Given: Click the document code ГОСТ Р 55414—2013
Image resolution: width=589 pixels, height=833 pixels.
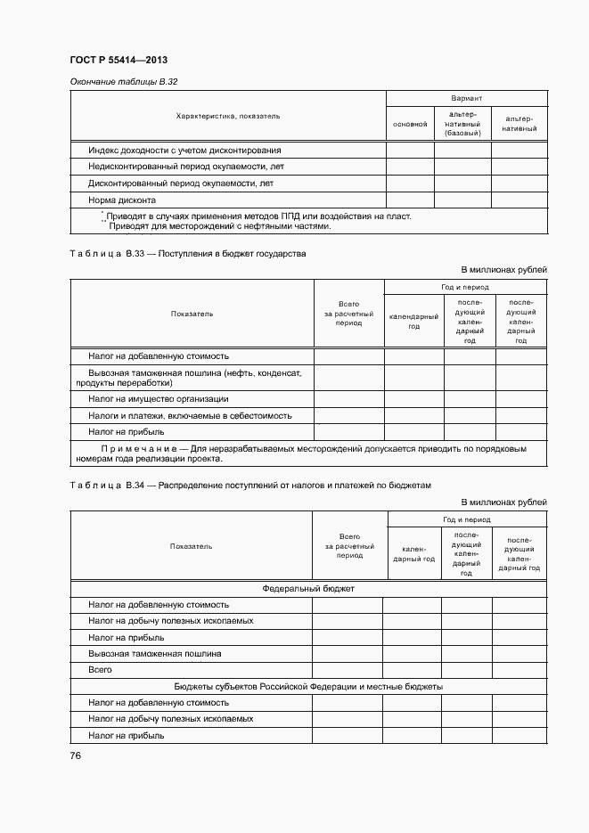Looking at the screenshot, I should (x=119, y=61).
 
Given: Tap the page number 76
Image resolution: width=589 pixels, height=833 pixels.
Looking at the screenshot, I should (x=76, y=755).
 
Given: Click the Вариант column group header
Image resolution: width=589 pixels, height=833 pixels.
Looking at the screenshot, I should (x=466, y=98).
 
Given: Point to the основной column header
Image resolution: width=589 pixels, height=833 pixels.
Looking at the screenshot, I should (x=410, y=124).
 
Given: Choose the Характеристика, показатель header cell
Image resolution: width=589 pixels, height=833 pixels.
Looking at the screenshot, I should (x=228, y=116).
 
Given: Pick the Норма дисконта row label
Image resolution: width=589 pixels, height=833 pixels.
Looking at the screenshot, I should (x=122, y=200).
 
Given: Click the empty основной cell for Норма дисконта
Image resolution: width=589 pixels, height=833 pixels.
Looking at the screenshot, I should (x=410, y=200).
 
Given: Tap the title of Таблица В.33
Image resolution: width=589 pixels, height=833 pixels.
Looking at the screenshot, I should (x=187, y=254).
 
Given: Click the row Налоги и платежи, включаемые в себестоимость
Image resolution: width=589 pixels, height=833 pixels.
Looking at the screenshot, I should (x=190, y=415).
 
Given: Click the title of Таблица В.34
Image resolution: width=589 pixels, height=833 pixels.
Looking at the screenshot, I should (x=250, y=486).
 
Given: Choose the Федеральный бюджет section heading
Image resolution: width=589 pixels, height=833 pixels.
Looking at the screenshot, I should (x=308, y=589).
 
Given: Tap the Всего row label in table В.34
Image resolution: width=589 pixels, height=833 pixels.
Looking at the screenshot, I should (x=100, y=669).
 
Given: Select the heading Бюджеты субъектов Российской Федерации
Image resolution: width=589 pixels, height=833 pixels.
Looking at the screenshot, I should (x=308, y=687).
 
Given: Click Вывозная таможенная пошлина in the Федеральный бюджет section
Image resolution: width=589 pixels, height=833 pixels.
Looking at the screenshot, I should (x=155, y=653).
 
